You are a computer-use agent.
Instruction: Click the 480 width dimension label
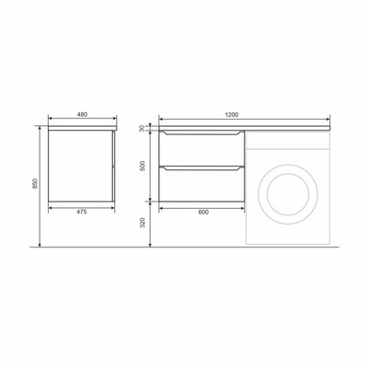[x=82, y=115]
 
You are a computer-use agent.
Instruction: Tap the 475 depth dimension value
[x=82, y=212]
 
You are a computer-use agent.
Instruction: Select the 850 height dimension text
[x=35, y=183]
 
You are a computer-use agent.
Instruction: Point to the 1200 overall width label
[x=232, y=115]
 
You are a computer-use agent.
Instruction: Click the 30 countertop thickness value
[x=142, y=129]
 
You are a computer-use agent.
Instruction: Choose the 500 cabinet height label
[x=143, y=166]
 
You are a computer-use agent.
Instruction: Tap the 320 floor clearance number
[x=143, y=223]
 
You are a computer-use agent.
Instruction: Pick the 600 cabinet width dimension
[x=203, y=212]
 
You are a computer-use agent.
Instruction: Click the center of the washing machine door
[x=288, y=194]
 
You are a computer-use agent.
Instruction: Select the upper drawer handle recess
[x=201, y=132]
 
